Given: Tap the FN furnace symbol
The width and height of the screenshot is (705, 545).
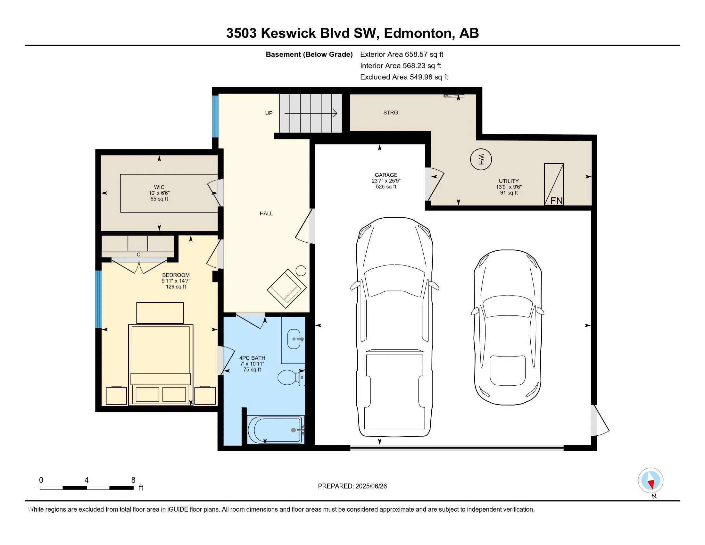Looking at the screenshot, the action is [x=554, y=184].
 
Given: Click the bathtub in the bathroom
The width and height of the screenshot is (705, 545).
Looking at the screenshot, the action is [x=276, y=430].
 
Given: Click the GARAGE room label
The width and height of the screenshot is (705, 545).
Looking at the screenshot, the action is [x=386, y=175].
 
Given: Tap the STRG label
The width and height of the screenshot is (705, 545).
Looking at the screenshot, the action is [x=391, y=113].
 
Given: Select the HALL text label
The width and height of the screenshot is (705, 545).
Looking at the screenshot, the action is [x=266, y=214].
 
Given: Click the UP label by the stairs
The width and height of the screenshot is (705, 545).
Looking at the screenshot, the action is [x=269, y=113].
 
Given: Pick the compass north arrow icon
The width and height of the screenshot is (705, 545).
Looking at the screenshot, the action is [x=651, y=481].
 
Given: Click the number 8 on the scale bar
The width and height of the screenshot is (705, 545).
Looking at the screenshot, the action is [x=133, y=480].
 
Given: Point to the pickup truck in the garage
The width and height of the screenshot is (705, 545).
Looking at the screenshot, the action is [x=394, y=327].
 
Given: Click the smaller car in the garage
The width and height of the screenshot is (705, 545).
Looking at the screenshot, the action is [x=508, y=327].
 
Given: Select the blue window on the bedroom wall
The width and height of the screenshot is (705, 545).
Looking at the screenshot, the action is [x=98, y=299].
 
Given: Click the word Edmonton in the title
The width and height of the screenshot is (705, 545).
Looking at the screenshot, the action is [x=417, y=33].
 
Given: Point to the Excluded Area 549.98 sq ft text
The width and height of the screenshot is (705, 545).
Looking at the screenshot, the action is [x=404, y=77].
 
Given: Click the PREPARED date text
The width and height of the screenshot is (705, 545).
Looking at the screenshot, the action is [x=352, y=486].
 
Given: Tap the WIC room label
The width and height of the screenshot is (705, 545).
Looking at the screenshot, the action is [x=159, y=187].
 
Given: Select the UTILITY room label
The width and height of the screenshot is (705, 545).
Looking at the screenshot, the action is [x=509, y=181].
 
